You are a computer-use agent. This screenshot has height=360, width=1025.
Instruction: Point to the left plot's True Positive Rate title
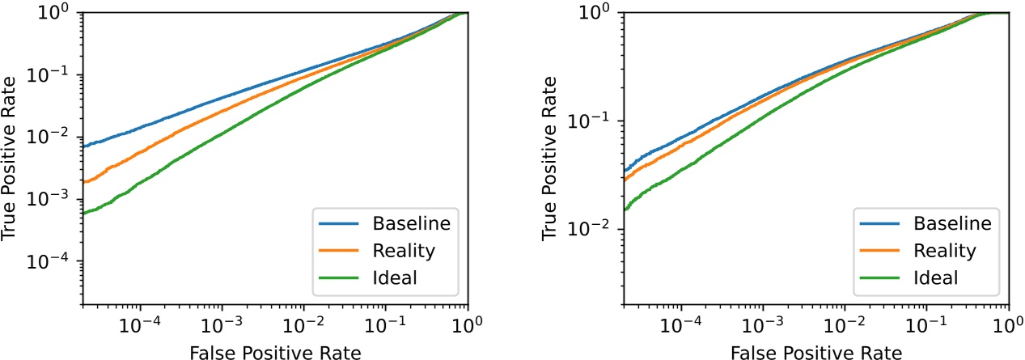click(11, 159)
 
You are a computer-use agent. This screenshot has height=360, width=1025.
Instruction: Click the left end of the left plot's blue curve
click(83, 146)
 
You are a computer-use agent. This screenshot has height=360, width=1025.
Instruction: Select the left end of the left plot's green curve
click(83, 214)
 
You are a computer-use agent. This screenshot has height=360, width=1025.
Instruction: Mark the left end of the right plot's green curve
click(625, 210)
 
